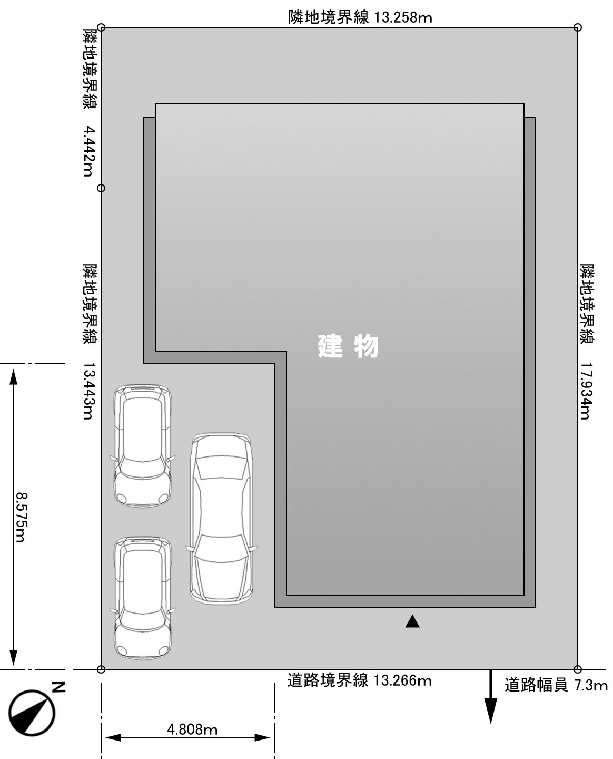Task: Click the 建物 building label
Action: tap(348, 346)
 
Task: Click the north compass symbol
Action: tap(32, 713)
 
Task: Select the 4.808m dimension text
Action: tap(192, 730)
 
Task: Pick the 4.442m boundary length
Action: tap(88, 151)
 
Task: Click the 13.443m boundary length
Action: tap(88, 391)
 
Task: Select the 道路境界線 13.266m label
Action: tap(360, 680)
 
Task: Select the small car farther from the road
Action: tap(143, 445)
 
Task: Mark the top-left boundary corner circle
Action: tap(101, 27)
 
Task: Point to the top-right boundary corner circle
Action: tap(578, 27)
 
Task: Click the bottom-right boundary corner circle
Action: tap(578, 669)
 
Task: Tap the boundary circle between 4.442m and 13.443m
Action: tap(101, 188)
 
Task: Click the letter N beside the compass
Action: tap(59, 687)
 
